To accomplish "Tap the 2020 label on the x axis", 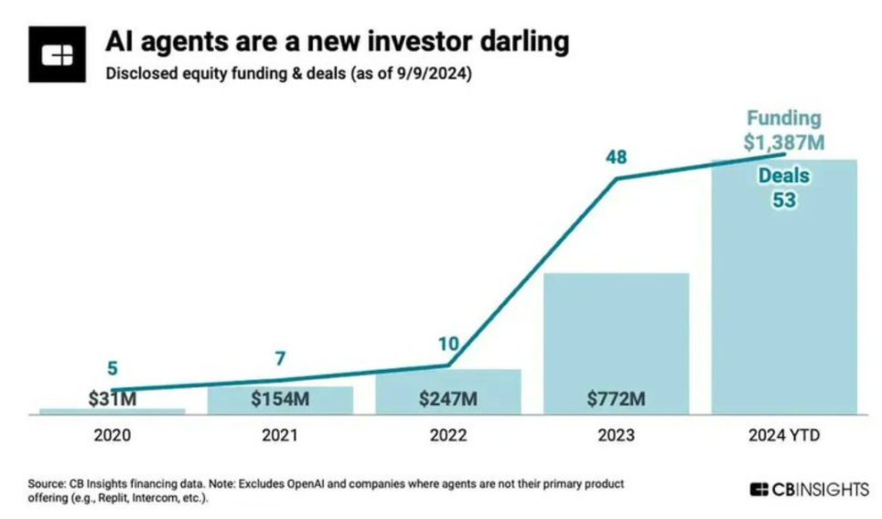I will [112, 436].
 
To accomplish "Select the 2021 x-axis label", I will [280, 436].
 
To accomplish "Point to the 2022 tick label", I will [448, 436].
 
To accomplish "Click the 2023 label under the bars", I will [616, 436].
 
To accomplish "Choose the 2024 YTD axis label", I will [784, 436].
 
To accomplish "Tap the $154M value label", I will [279, 399].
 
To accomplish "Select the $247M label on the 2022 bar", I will [447, 399].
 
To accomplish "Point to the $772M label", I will [616, 399].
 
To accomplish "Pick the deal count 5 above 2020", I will [113, 370].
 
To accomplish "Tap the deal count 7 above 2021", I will [280, 358].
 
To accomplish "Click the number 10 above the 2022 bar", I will [447, 344].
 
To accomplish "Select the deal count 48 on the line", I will [616, 157].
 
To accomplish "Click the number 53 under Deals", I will [784, 200].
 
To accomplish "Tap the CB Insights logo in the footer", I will [809, 490].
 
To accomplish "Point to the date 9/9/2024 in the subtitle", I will [434, 75].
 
